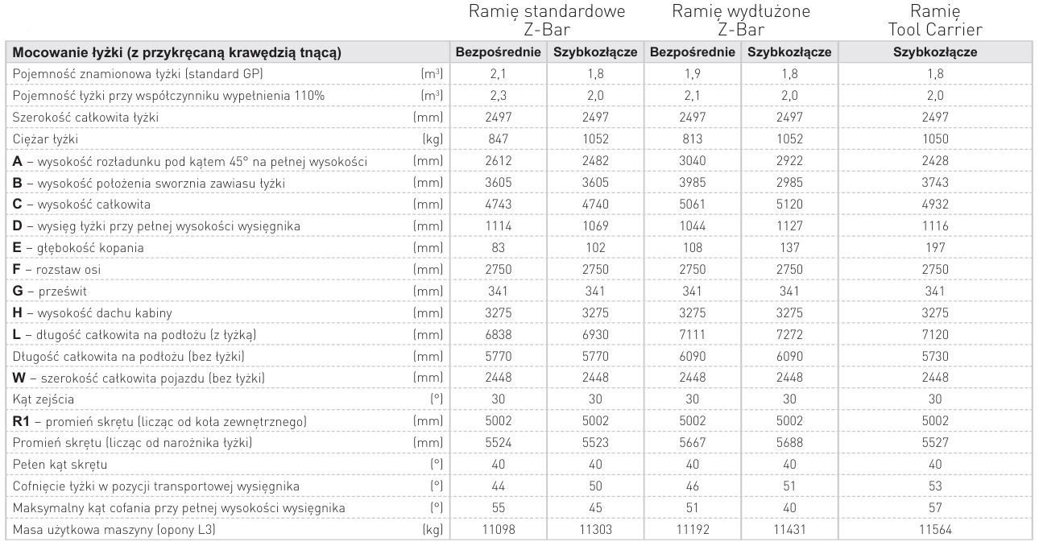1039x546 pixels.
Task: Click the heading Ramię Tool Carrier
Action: pyautogui.click(x=935, y=21)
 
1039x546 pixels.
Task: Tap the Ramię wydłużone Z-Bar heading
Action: pyautogui.click(x=740, y=21)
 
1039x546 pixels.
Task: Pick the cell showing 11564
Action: pyautogui.click(x=935, y=530)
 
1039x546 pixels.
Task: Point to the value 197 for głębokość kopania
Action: pyautogui.click(x=935, y=248)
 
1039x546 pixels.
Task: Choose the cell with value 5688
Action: pyautogui.click(x=789, y=443)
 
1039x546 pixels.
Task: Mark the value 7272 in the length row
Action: pyautogui.click(x=789, y=334)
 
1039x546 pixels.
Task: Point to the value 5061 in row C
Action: pyautogui.click(x=691, y=205)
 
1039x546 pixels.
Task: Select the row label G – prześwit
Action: pyautogui.click(x=51, y=292)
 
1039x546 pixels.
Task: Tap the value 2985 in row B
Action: pyautogui.click(x=789, y=183)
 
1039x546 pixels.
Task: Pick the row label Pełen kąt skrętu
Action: pyautogui.click(x=60, y=465)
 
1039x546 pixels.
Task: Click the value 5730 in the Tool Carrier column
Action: pyautogui.click(x=935, y=356)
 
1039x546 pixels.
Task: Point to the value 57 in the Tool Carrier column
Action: pyautogui.click(x=935, y=508)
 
